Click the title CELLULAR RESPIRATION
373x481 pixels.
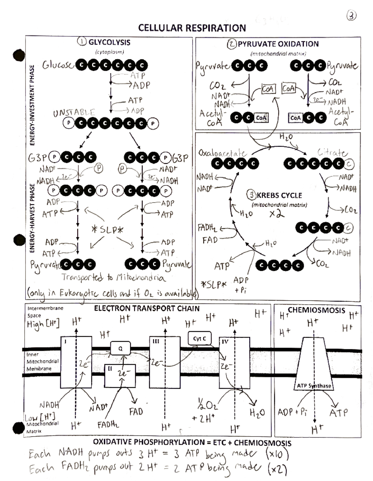click(192, 28)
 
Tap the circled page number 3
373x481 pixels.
click(351, 16)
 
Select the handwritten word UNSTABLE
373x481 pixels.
click(74, 113)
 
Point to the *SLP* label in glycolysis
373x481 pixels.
click(108, 230)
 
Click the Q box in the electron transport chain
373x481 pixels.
click(120, 349)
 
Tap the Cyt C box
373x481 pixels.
click(199, 339)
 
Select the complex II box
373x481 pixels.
click(120, 375)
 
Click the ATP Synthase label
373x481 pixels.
click(314, 386)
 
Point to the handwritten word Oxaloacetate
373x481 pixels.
click(223, 153)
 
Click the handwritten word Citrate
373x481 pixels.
click(332, 152)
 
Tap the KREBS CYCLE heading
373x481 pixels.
click(279, 196)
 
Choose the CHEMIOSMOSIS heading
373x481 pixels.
click(316, 310)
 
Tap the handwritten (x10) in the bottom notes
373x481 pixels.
click(277, 454)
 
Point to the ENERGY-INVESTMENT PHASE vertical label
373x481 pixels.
click(32, 105)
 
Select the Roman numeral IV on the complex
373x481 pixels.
click(225, 341)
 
